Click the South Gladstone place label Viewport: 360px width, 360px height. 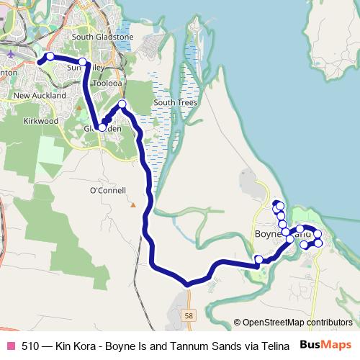click(x=103, y=37)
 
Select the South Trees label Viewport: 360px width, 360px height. click(x=175, y=103)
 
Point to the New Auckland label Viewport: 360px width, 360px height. click(x=40, y=96)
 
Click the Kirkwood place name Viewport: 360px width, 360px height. click(x=40, y=122)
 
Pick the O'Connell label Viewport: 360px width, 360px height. click(x=107, y=191)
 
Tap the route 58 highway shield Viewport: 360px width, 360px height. click(x=189, y=315)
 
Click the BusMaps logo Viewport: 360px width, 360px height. click(x=326, y=345)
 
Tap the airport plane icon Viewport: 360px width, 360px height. click(x=12, y=51)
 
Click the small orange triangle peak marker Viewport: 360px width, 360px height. click(x=133, y=205)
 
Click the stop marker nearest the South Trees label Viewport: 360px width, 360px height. click(x=122, y=105)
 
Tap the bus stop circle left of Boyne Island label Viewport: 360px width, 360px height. click(x=258, y=259)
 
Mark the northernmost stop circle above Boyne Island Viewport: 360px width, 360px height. click(x=276, y=204)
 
